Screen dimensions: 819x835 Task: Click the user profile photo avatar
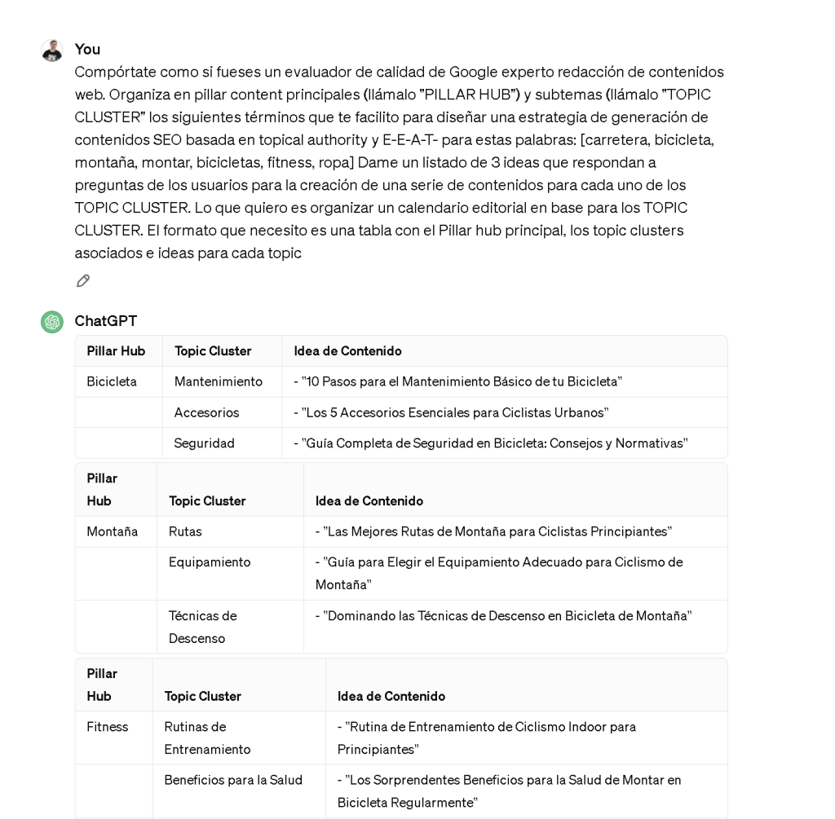[x=52, y=51]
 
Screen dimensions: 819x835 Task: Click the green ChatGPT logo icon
[x=52, y=322]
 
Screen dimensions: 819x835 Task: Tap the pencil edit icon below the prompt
[x=83, y=281]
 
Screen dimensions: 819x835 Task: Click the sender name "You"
[x=87, y=49]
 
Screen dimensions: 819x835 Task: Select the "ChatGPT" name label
[x=106, y=321]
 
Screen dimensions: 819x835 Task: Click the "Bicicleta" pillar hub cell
[x=112, y=381]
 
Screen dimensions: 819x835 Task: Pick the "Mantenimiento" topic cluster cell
[x=219, y=381]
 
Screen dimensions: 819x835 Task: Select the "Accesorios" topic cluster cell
[x=207, y=412]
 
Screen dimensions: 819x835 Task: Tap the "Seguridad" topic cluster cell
[x=205, y=443]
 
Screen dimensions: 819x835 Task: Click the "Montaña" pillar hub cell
[x=113, y=531]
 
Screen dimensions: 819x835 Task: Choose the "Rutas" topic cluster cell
[x=186, y=531]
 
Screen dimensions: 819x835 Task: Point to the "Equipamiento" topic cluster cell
[x=210, y=562]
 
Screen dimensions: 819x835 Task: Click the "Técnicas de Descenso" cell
[x=203, y=627]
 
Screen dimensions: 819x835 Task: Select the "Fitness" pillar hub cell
[x=108, y=727]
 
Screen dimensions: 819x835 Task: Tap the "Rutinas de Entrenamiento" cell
[x=208, y=738]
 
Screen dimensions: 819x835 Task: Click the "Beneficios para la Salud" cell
[x=233, y=780]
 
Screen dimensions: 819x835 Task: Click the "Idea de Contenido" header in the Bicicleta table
[x=348, y=351]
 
